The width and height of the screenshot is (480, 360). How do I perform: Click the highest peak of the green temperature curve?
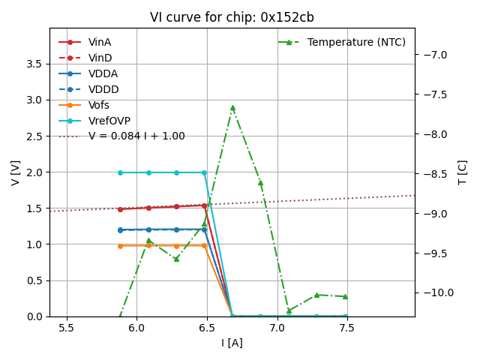(x=232, y=108)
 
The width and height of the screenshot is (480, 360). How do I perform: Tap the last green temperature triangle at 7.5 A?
(x=345, y=296)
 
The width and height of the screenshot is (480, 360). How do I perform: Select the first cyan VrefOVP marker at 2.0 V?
(x=120, y=172)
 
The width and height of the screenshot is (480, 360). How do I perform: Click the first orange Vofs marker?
(x=120, y=246)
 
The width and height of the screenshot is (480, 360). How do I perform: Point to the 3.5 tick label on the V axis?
(x=34, y=64)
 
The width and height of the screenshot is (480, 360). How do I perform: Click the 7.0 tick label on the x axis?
(x=277, y=328)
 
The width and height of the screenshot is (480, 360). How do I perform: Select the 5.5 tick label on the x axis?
(x=67, y=328)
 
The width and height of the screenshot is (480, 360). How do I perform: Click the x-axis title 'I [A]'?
(x=232, y=343)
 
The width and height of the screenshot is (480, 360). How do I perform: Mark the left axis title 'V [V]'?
(x=15, y=172)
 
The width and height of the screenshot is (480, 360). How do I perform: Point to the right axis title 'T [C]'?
(x=462, y=172)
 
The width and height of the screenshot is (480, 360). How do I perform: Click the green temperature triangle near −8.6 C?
(x=260, y=182)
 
